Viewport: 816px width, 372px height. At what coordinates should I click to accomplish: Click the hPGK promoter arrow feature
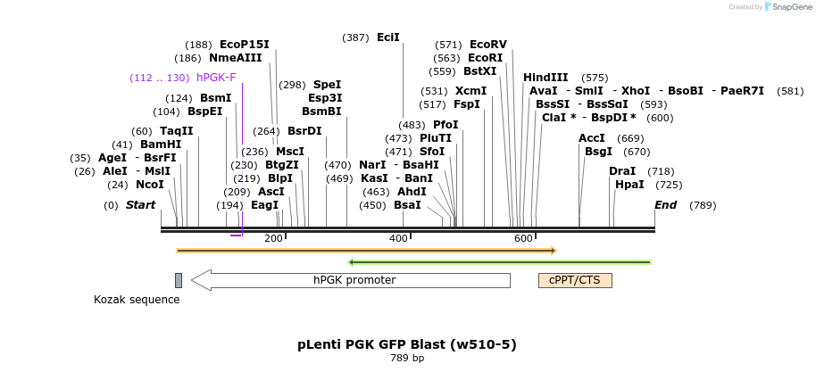(x=353, y=280)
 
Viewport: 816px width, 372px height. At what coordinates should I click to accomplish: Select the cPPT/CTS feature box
(x=575, y=280)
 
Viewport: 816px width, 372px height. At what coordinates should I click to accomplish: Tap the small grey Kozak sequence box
(x=179, y=280)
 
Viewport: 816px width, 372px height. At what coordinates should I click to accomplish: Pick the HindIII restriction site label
(x=545, y=78)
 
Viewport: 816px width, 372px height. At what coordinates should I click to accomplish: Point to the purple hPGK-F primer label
(x=216, y=78)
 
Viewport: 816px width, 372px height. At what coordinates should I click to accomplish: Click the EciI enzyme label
(x=388, y=37)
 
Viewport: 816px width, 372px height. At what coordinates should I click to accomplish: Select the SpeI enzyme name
(x=328, y=85)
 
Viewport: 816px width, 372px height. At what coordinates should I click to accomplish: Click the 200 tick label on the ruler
(x=273, y=238)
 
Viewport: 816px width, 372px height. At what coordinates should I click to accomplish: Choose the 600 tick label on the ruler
(x=524, y=238)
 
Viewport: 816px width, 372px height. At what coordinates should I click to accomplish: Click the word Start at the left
(x=140, y=205)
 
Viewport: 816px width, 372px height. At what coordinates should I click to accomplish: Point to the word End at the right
(x=666, y=205)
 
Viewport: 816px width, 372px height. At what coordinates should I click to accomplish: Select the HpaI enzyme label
(x=629, y=185)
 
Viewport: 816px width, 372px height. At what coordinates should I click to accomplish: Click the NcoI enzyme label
(x=150, y=185)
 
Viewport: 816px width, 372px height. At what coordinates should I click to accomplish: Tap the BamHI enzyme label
(x=161, y=145)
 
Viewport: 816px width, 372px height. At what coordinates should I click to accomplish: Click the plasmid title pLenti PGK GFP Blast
(x=407, y=344)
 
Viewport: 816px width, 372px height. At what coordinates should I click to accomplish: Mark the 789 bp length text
(x=407, y=359)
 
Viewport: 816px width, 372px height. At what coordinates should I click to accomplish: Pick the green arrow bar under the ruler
(x=500, y=262)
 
